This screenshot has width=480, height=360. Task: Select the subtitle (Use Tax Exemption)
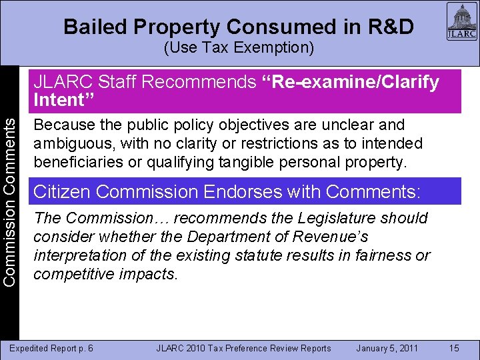click(x=239, y=49)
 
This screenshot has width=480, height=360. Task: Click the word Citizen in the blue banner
click(x=62, y=193)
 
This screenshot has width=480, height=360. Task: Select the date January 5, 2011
click(x=387, y=348)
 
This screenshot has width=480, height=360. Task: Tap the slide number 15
click(x=454, y=347)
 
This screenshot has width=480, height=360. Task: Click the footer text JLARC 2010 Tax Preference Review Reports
click(x=243, y=348)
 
